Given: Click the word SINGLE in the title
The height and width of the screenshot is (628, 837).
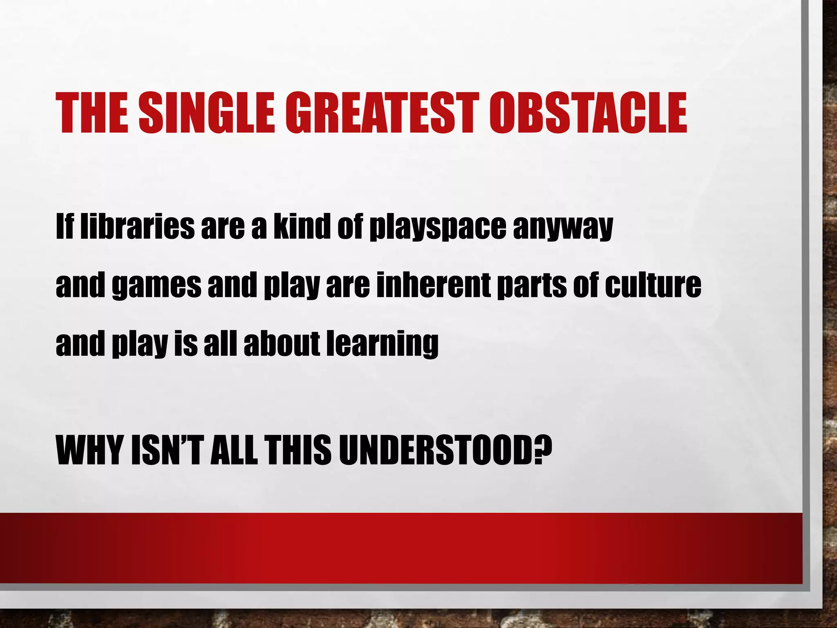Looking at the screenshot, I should (206, 113).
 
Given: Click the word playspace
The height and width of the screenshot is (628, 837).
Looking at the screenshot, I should (437, 227).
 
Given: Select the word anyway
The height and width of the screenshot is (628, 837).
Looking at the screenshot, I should (563, 228).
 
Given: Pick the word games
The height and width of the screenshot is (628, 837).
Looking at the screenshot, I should (157, 286).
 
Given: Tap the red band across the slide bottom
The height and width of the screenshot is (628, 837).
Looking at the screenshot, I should (401, 548).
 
